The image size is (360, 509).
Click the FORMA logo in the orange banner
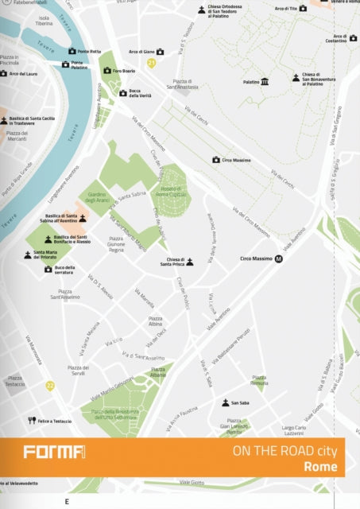pos(54,453)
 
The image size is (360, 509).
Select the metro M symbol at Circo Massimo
pos(279,258)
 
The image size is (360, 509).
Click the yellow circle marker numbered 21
pos(151,62)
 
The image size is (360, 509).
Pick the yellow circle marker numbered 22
pos(50,386)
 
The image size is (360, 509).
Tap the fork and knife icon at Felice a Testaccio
pos(32,420)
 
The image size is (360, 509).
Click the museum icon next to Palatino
pos(265,81)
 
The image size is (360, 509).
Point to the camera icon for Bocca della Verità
pos(123,92)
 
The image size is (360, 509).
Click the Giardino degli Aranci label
pos(96,196)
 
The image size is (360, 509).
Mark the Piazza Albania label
pos(158,372)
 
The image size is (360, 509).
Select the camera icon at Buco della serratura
pos(48,269)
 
